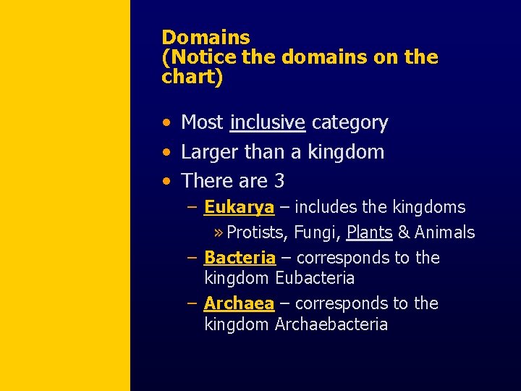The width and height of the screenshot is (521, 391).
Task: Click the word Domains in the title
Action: [206, 38]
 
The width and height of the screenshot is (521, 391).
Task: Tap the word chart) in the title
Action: [192, 77]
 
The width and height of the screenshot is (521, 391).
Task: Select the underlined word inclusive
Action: [267, 122]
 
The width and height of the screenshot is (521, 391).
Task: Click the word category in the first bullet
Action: [350, 123]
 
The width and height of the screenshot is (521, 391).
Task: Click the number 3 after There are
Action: [279, 180]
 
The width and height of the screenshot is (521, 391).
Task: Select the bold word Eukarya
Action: [239, 208]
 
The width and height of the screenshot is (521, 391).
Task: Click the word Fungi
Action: [319, 232]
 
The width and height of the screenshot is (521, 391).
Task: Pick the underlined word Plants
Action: [369, 232]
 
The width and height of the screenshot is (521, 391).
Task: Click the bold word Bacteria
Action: [240, 258]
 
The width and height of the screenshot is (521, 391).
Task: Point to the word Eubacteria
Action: [315, 278]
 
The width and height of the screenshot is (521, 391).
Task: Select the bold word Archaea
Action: [239, 303]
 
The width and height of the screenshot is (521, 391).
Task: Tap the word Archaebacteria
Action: [331, 324]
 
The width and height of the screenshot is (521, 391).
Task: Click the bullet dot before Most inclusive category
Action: [167, 123]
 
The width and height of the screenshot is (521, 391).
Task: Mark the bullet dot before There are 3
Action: [167, 181]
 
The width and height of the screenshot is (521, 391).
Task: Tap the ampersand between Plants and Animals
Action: [404, 232]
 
